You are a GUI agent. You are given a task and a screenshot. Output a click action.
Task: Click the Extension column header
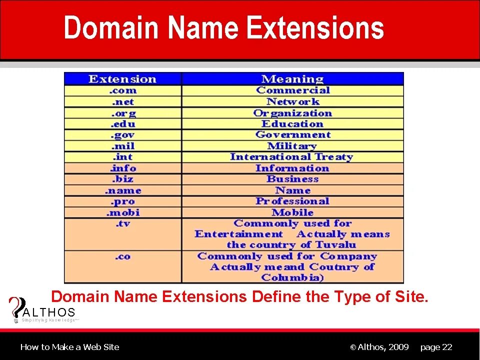(x=122, y=79)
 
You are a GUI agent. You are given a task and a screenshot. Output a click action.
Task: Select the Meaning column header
(x=292, y=79)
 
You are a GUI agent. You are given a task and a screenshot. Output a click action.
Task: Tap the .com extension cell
(x=122, y=90)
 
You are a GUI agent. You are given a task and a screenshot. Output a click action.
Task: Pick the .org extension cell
(x=122, y=113)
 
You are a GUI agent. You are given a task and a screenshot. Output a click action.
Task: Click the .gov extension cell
(x=122, y=135)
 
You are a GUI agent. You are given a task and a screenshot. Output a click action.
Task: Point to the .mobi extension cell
(x=122, y=212)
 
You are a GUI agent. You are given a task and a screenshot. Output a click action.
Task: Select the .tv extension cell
(x=122, y=223)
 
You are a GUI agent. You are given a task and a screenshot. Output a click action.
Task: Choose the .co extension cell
(x=122, y=256)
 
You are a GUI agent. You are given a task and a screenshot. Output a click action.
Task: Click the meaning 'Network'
(x=292, y=102)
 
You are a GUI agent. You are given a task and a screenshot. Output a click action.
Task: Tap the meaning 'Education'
(x=292, y=124)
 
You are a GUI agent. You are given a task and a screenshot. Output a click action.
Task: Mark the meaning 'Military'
(x=292, y=146)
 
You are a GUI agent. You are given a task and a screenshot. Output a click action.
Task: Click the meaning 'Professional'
(x=292, y=201)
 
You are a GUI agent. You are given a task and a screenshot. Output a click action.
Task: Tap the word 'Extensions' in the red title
(x=315, y=28)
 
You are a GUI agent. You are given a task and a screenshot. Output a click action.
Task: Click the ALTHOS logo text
(x=49, y=312)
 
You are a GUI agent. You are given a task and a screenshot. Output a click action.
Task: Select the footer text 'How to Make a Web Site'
(x=70, y=347)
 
